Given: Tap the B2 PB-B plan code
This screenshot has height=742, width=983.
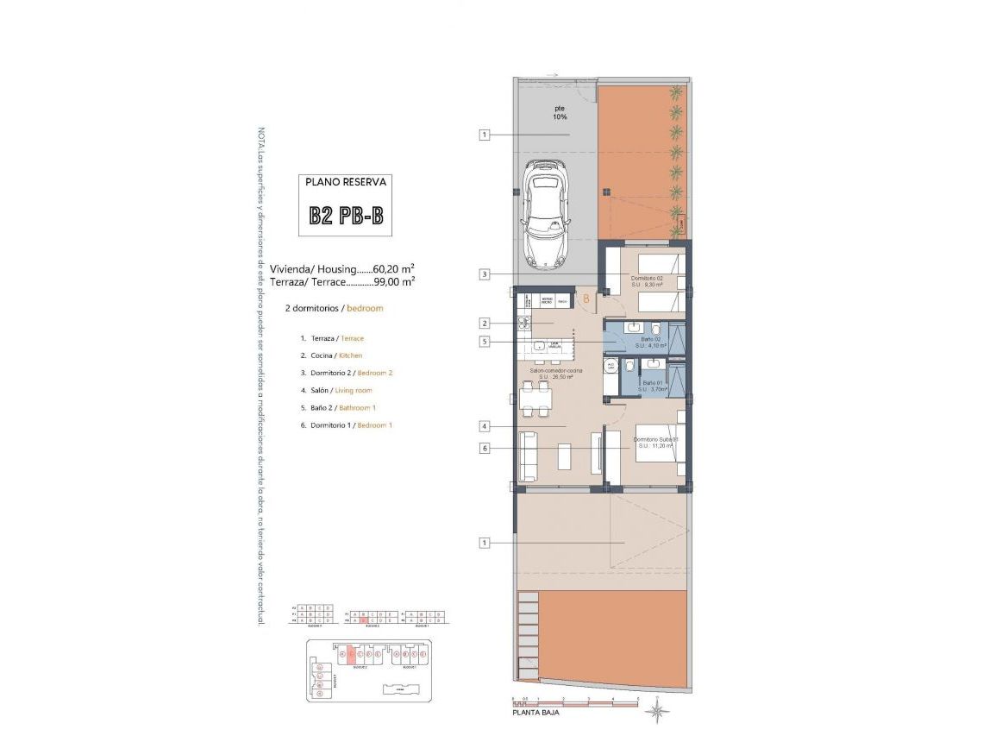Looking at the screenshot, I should (345, 216).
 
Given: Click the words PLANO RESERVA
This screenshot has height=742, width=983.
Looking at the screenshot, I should (345, 183).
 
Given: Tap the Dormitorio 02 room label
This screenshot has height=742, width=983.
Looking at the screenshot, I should (648, 278).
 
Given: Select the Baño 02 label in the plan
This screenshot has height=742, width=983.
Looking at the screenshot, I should (651, 343).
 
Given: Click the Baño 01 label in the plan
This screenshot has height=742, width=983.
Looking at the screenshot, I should (653, 386).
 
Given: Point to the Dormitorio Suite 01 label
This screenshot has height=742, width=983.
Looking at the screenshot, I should (656, 442).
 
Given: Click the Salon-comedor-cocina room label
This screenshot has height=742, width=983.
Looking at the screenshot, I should (557, 374).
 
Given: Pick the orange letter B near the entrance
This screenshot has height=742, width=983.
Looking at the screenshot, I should (586, 299).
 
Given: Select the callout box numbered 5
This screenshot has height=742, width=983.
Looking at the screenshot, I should (485, 342).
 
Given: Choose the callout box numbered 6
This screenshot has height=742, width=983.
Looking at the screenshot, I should (485, 448).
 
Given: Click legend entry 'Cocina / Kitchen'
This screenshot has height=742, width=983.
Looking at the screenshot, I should (331, 355).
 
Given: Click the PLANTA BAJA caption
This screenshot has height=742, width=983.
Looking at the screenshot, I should (532, 714).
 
